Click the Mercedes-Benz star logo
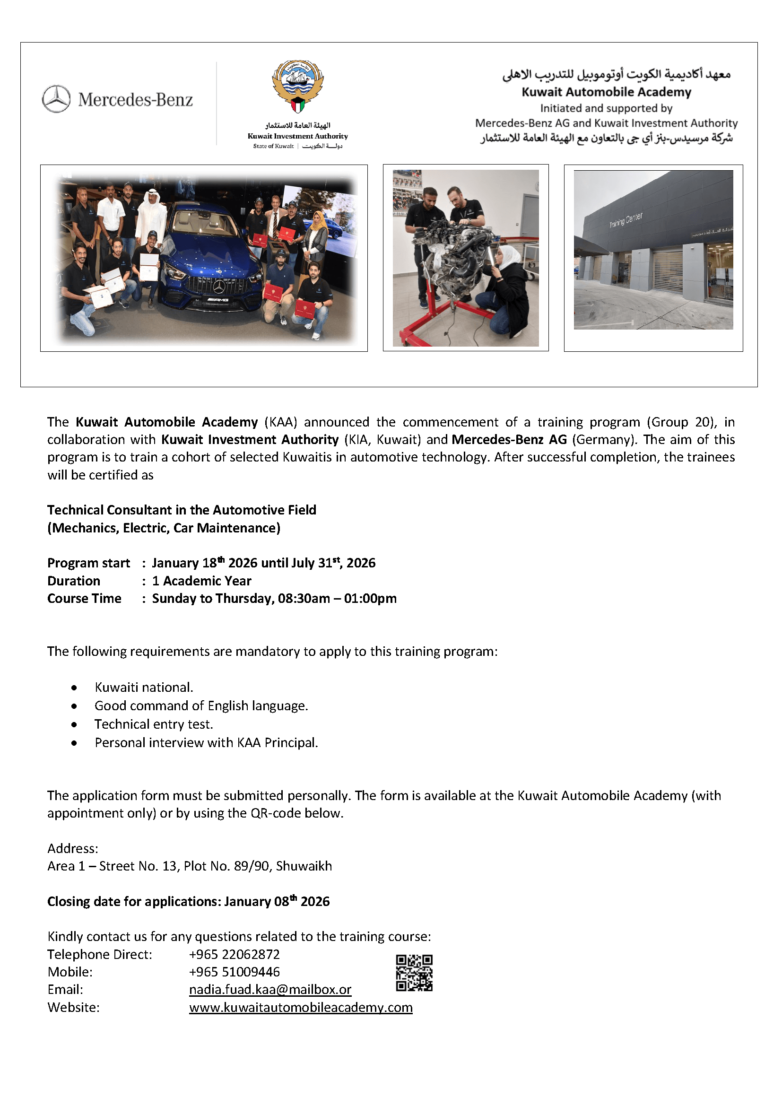(x=56, y=99)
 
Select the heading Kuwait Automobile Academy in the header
(x=606, y=92)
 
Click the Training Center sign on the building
(x=626, y=220)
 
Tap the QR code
(x=414, y=973)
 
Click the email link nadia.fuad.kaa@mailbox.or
(x=270, y=989)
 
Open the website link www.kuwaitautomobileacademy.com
(x=301, y=1007)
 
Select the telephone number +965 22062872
(x=234, y=954)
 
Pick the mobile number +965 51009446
(x=234, y=972)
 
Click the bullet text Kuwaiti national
(x=144, y=687)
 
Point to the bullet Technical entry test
(x=154, y=724)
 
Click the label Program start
(x=88, y=563)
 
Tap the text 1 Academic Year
(x=202, y=581)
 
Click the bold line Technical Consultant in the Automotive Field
(x=182, y=510)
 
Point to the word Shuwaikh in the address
(x=304, y=866)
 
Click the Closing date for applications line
(x=188, y=901)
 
